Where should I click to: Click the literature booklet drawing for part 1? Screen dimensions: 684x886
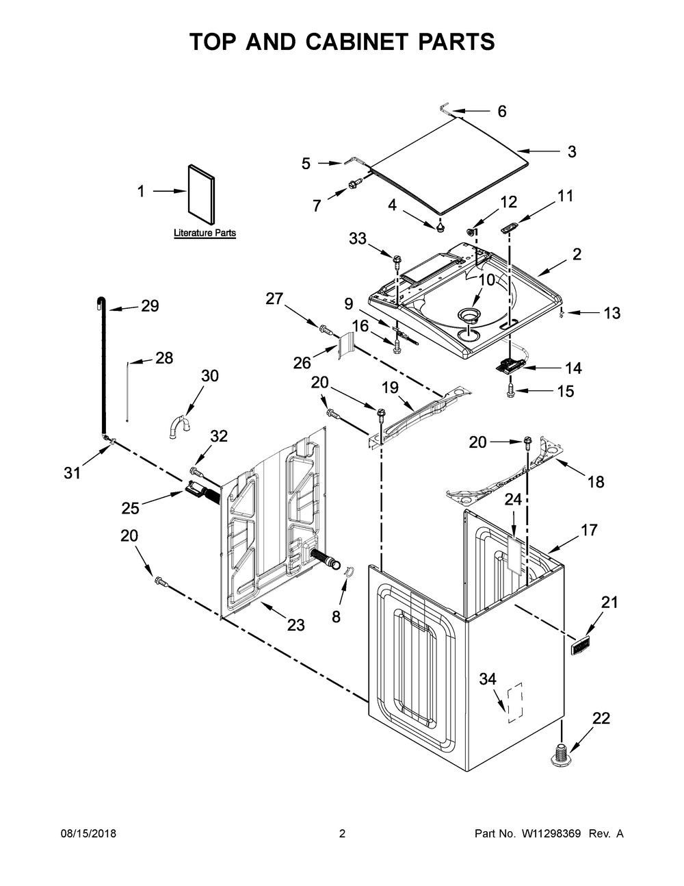tap(201, 194)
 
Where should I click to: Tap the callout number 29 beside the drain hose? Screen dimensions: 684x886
tap(150, 306)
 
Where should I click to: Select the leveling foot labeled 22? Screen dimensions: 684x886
tap(561, 755)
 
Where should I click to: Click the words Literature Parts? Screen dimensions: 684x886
tap(205, 233)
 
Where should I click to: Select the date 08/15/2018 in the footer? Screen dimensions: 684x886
tap(88, 833)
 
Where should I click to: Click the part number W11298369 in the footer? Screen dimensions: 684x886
tap(551, 833)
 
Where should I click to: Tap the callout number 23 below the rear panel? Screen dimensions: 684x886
tap(295, 625)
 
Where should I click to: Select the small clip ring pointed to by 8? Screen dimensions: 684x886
tap(350, 572)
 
